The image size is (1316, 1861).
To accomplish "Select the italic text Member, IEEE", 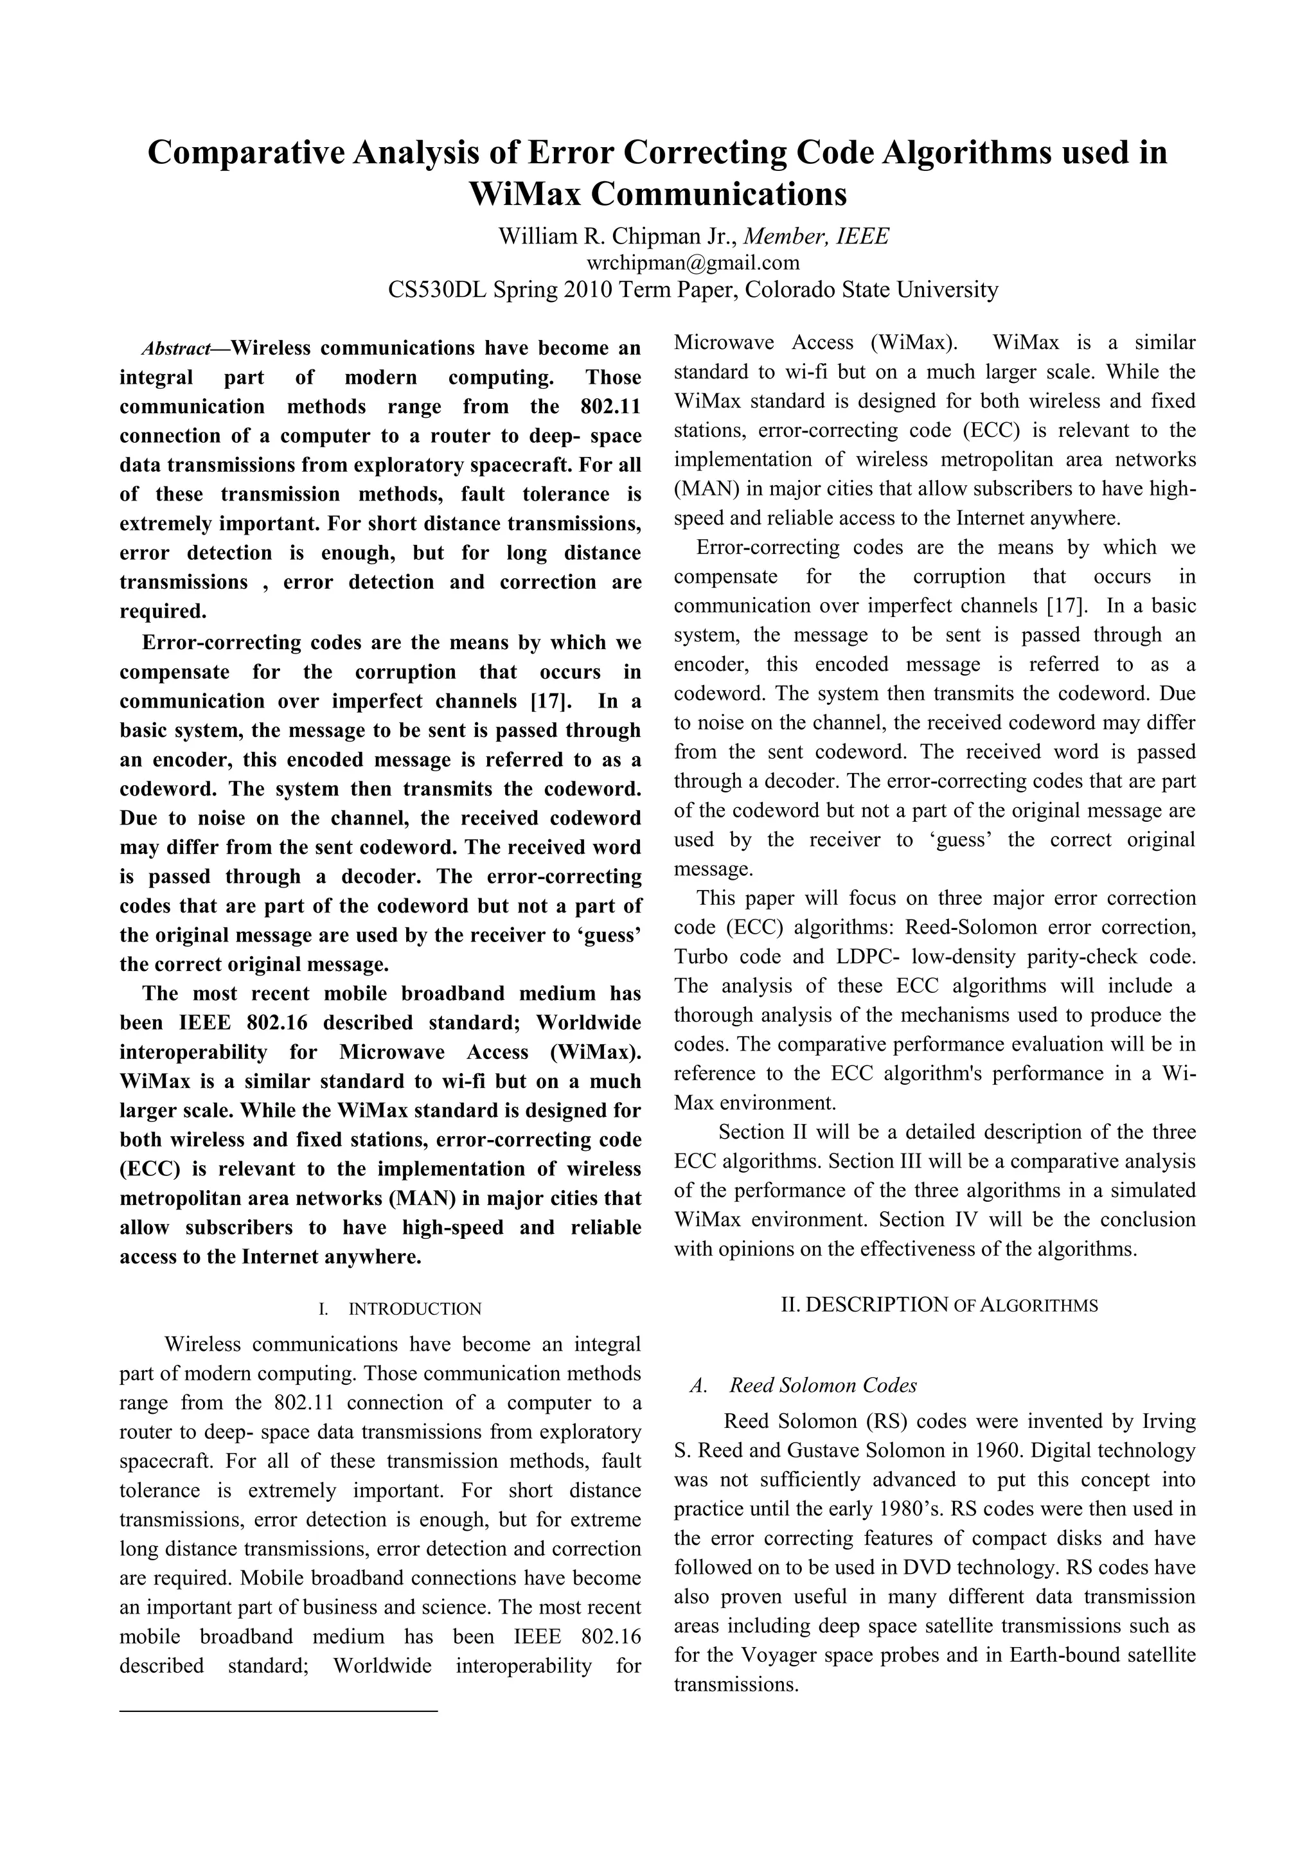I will click(816, 236).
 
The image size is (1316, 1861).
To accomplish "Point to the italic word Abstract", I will click(175, 350).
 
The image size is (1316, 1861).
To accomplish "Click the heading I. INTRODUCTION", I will click(400, 1309).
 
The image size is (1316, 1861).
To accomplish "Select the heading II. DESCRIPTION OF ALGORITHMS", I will click(938, 1305).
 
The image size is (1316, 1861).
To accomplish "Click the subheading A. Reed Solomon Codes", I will click(803, 1385).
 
